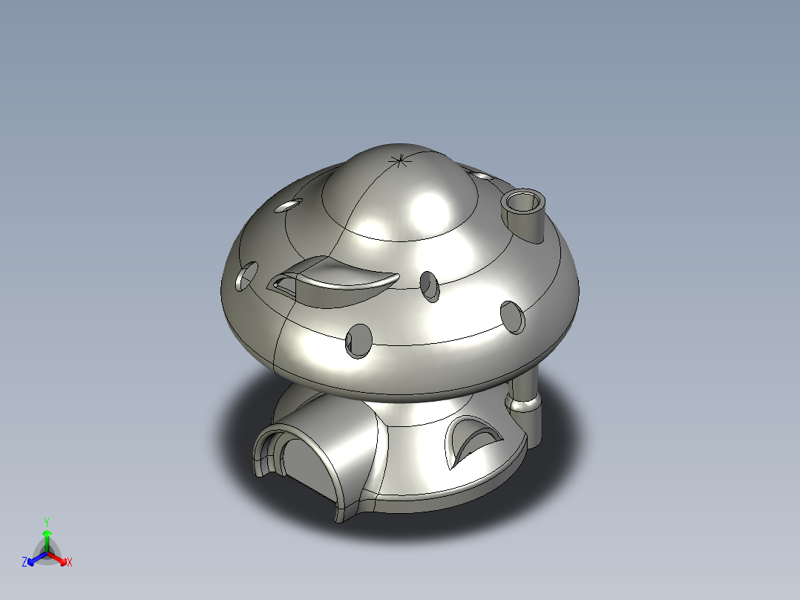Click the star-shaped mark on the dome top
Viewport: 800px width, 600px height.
pyautogui.click(x=400, y=160)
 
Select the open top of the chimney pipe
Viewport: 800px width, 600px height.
pyautogui.click(x=523, y=200)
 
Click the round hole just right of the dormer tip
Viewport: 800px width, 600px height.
pyautogui.click(x=430, y=285)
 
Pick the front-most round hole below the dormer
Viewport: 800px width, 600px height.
pyautogui.click(x=358, y=341)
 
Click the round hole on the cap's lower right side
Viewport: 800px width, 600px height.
pyautogui.click(x=512, y=316)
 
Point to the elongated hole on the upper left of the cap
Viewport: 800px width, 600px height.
pyautogui.click(x=289, y=205)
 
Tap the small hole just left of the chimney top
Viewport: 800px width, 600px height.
pyautogui.click(x=482, y=177)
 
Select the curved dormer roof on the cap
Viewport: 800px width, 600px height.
pyautogui.click(x=341, y=276)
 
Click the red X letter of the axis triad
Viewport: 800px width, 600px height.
pyautogui.click(x=70, y=563)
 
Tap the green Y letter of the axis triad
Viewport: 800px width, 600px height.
pyautogui.click(x=46, y=522)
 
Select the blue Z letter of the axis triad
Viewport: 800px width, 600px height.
pyautogui.click(x=24, y=563)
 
